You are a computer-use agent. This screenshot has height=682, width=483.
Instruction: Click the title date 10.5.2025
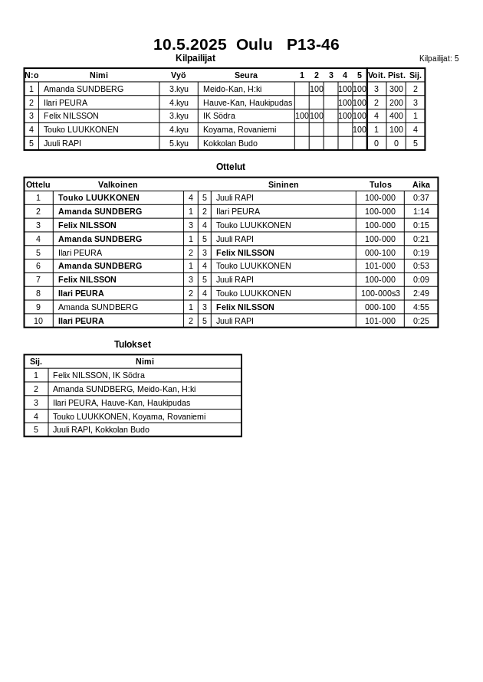click(x=189, y=44)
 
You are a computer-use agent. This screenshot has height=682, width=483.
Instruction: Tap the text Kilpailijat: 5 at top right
click(x=439, y=58)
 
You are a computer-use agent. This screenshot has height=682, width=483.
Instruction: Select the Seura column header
click(x=246, y=75)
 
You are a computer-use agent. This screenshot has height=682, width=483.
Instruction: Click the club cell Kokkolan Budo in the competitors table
click(x=230, y=143)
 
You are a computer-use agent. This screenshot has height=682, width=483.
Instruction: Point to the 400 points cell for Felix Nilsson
click(x=396, y=116)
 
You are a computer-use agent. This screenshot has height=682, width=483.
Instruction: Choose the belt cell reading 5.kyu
click(x=179, y=143)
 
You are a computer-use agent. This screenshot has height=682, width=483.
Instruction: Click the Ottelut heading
click(x=231, y=167)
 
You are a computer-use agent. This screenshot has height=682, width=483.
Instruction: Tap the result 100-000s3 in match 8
click(x=380, y=293)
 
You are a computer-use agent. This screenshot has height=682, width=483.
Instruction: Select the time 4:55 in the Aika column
click(x=421, y=307)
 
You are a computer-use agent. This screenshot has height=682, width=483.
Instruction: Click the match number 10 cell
click(x=38, y=321)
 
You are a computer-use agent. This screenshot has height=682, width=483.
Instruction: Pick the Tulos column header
click(x=380, y=184)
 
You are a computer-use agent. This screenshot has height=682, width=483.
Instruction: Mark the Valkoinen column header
click(x=118, y=184)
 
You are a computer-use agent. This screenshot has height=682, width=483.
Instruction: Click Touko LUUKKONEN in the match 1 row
click(x=99, y=197)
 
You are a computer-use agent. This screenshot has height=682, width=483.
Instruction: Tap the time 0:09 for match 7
click(x=421, y=279)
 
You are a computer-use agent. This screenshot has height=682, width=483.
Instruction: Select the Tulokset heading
click(x=133, y=344)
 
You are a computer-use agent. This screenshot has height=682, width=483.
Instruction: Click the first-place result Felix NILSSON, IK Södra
click(x=99, y=375)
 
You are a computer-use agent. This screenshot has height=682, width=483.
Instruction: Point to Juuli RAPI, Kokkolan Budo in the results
click(x=101, y=429)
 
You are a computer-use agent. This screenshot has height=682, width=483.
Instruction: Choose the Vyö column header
click(x=179, y=75)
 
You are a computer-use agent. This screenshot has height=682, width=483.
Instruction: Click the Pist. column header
click(x=396, y=75)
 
